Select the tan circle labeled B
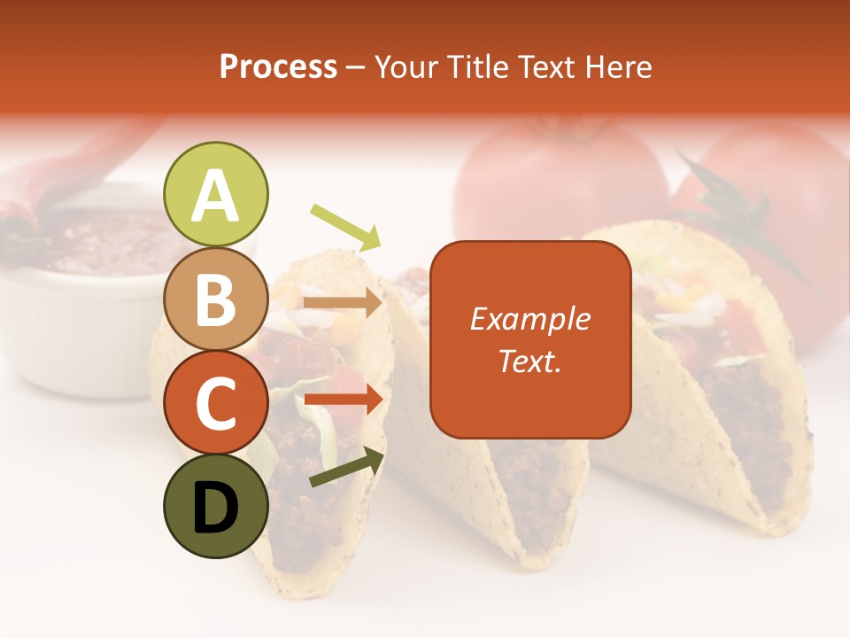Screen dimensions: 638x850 216,300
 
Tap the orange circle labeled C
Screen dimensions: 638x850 216,403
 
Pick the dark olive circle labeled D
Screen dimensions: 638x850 216,506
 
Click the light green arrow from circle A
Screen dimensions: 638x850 345,226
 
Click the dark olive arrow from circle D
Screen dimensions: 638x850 346,467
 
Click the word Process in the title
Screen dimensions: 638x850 278,66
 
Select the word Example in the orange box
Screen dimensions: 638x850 529,319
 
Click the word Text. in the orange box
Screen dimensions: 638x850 529,361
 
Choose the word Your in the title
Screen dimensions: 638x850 408,66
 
